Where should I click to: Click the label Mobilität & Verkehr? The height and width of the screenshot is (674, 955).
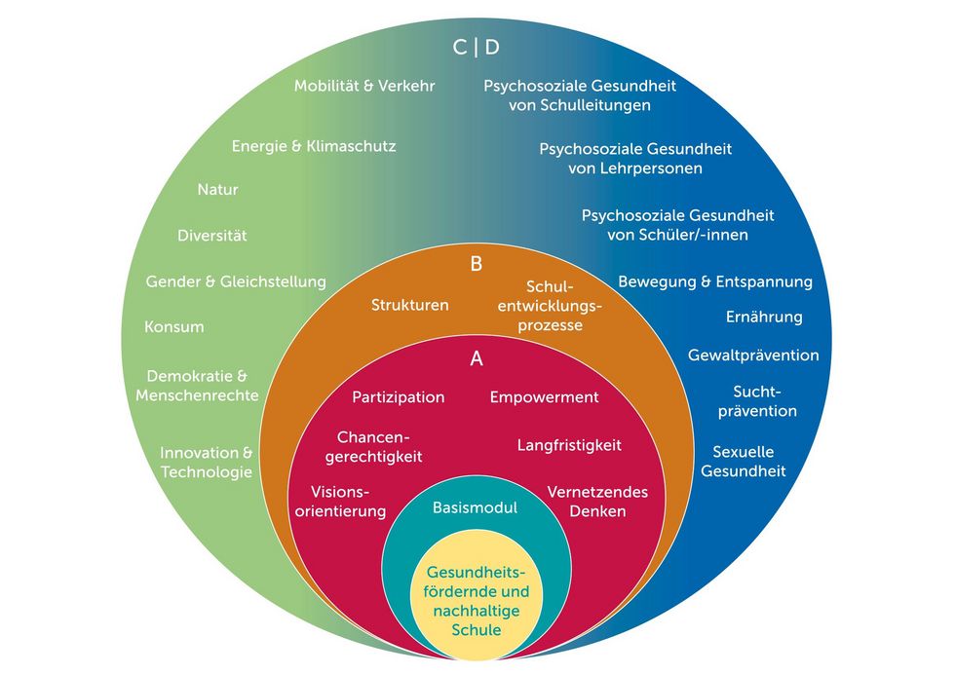pos(364,86)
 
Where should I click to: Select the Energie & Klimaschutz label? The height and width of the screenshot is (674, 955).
pos(314,146)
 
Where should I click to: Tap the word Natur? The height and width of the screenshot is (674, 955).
pos(217,189)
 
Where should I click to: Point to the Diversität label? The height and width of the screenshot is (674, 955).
pos(212,235)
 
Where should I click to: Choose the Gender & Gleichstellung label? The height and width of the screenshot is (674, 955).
pos(236,281)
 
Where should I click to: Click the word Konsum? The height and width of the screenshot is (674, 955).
pos(174,327)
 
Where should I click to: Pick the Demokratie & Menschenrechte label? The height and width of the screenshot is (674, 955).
pos(197,386)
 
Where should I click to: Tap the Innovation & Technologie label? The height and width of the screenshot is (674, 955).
pos(207,462)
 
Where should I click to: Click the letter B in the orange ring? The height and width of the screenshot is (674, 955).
pos(477,264)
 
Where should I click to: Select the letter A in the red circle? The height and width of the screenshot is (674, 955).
pos(477,358)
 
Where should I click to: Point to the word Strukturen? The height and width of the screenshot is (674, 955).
pos(410,305)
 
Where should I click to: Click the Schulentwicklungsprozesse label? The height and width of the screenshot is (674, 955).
pos(550,306)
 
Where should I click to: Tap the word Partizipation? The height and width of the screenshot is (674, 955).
pos(399,397)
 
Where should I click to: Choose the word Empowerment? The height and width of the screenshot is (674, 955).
pos(545,397)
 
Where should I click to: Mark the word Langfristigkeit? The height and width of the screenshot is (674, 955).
pos(569,445)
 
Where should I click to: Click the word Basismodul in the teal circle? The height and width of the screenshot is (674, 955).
pos(476,507)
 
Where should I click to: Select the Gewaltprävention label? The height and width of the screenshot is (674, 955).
pos(753,355)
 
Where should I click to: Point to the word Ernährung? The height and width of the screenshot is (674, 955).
pos(764,317)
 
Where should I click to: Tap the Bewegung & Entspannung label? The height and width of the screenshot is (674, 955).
pos(715,281)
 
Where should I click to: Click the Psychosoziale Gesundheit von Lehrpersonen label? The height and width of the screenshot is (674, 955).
pos(635,159)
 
